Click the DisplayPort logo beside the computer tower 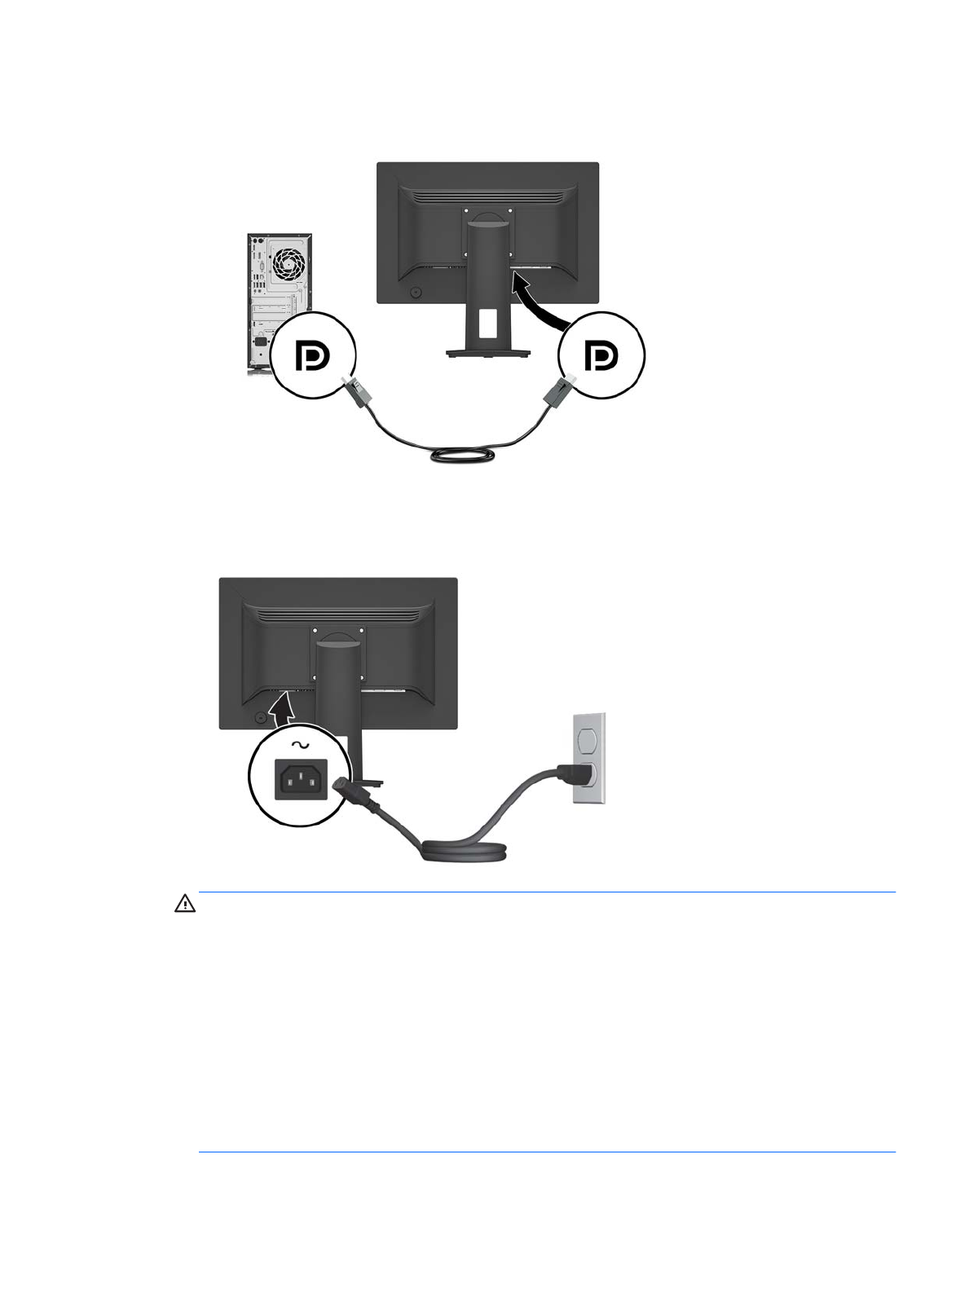click(311, 356)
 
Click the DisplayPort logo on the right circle click(601, 355)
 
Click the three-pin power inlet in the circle click(300, 780)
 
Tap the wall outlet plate click(589, 758)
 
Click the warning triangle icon click(185, 904)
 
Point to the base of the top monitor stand click(487, 353)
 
